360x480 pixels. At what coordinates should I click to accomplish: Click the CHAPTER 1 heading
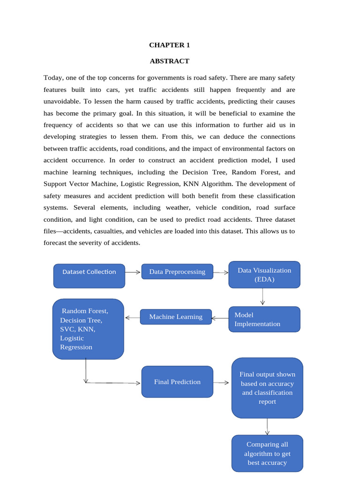pos(169,45)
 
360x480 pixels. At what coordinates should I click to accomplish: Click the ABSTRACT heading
pos(169,61)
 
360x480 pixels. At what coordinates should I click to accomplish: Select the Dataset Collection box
pos(89,275)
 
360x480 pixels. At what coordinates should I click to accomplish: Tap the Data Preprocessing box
pos(177,272)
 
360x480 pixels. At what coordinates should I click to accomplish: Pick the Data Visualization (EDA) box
pos(264,274)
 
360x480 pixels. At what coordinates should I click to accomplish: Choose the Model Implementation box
pos(264,319)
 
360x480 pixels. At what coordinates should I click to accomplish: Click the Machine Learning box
pos(176,317)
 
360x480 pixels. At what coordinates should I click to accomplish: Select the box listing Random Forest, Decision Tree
pos(88,329)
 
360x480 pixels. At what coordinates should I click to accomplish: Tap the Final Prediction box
pos(177,382)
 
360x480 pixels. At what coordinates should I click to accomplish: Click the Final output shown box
pos(267,388)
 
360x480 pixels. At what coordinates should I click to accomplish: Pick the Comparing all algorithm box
pos(267,453)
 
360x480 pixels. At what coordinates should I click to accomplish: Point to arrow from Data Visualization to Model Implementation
pos(262,297)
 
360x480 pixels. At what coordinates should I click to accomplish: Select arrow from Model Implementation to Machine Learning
pos(220,319)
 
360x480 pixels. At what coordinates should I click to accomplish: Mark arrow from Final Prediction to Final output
pos(222,382)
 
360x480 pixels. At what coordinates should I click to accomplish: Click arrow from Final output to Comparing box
pos(267,427)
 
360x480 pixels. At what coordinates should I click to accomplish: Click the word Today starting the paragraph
pos(53,77)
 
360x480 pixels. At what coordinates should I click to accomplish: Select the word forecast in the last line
pos(55,243)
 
